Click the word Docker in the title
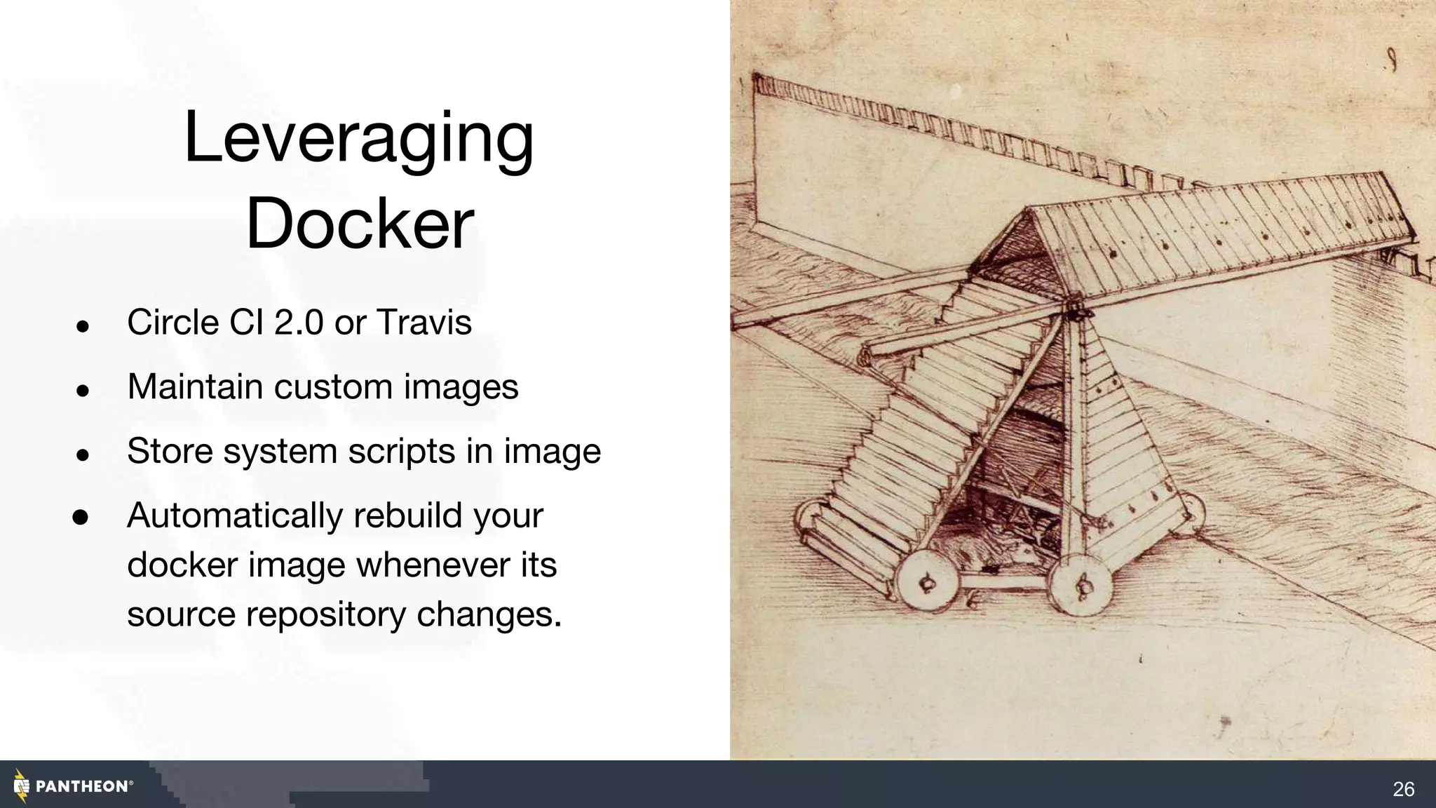coord(360,224)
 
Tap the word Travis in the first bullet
coord(424,323)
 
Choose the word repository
coord(325,615)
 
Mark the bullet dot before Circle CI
coord(83,326)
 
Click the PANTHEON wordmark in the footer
coord(82,787)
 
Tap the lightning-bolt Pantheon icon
coord(22,786)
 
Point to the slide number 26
coord(1403,790)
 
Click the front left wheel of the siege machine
coord(927,581)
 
